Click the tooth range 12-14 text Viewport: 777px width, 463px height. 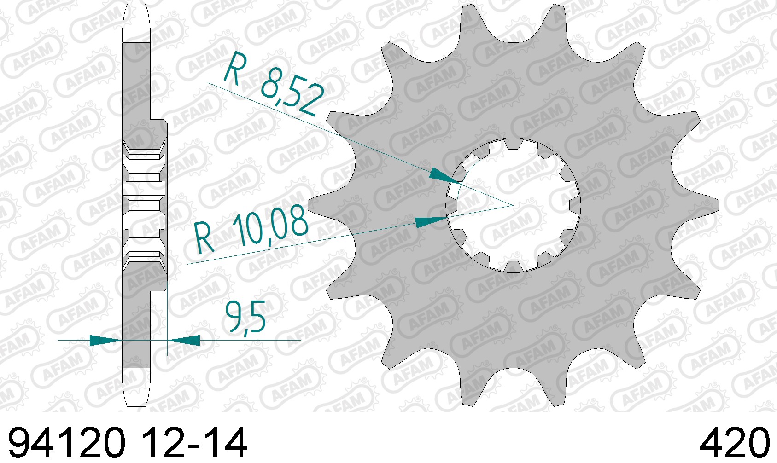point(195,443)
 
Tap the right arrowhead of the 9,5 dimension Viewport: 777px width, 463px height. point(184,340)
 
